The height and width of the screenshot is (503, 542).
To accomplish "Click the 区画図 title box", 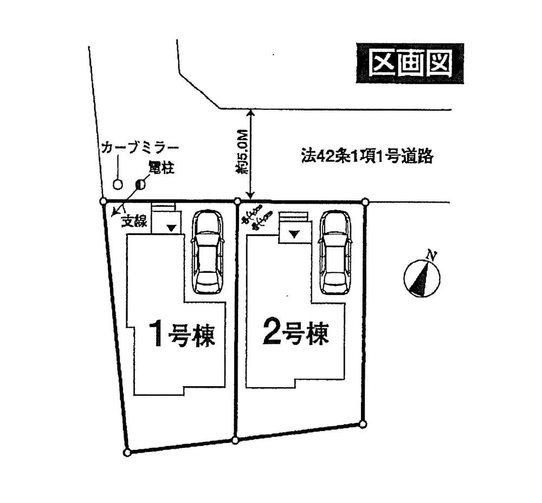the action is click(410, 64).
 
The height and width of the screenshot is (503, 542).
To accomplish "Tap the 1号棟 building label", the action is click(182, 334).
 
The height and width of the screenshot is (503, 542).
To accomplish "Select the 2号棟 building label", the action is click(295, 332).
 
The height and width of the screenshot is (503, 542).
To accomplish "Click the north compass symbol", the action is click(422, 277).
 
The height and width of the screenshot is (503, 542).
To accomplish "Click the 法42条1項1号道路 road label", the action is click(367, 156).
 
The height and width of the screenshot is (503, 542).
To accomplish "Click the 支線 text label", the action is click(134, 221).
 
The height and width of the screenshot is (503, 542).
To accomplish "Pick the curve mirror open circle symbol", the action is click(118, 184).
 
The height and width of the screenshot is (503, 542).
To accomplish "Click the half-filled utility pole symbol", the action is click(140, 184).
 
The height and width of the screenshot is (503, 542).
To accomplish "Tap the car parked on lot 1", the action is click(208, 252).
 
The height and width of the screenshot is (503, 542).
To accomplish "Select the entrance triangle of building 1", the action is click(171, 228).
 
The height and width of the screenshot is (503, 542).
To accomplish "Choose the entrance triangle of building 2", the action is click(294, 234).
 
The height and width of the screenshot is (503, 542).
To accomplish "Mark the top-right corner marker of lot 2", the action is click(365, 202).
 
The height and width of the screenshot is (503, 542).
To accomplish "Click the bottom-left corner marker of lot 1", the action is click(127, 452).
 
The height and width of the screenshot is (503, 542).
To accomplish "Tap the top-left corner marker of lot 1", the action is click(104, 201).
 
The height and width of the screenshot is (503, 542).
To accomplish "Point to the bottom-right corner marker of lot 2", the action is click(363, 423).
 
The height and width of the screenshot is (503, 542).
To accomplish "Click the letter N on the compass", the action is click(431, 255).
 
